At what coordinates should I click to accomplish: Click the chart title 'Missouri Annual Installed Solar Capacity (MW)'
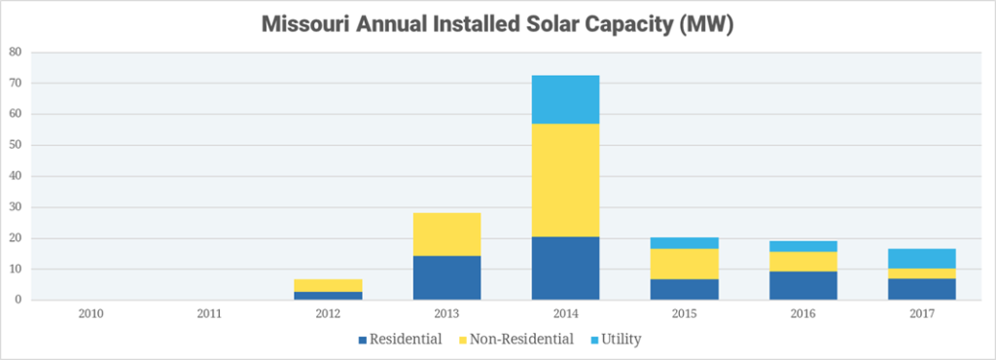497,26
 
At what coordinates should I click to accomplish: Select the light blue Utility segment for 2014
564,99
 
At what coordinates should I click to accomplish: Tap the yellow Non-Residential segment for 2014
564,180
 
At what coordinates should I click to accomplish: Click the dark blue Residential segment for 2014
564,268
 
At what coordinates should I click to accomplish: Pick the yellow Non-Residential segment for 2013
446,234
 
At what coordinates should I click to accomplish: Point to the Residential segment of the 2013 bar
446,277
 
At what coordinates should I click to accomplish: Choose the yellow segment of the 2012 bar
328,285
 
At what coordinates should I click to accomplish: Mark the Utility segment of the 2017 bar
919,258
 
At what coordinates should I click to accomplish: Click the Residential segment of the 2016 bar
801,285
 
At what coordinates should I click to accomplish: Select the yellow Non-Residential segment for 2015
683,264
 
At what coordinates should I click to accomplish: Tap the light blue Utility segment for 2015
683,242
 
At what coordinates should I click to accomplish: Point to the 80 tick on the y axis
14,53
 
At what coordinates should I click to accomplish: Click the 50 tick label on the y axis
14,145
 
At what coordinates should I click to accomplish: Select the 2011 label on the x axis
209,313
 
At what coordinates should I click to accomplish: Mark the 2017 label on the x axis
919,313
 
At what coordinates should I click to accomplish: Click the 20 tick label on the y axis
14,238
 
